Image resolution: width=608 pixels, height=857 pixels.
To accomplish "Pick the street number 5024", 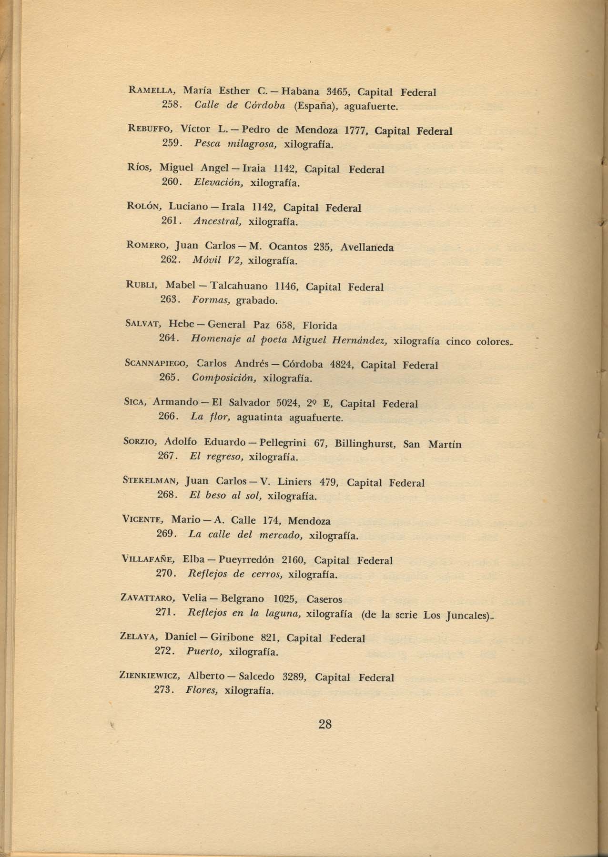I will click(x=288, y=404).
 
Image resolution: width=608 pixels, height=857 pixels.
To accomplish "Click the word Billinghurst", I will click(x=365, y=444).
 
